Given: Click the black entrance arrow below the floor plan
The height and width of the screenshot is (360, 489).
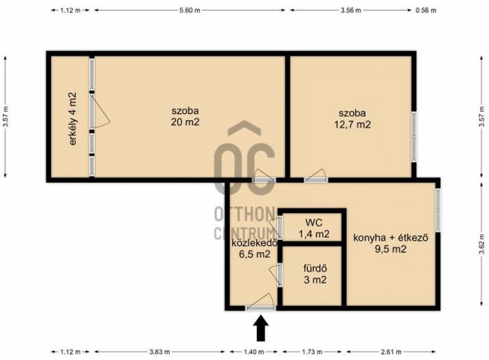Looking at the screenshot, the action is pos(261,329).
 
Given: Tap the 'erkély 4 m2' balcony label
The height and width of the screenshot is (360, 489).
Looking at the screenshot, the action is pos(73,119).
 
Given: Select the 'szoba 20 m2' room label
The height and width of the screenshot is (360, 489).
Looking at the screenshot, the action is pos(185,116).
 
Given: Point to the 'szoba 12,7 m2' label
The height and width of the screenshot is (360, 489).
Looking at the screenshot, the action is pos(352,119).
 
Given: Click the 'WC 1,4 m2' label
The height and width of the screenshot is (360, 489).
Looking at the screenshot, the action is pos(314,229).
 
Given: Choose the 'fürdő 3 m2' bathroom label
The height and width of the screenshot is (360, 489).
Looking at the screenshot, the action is pos(315,274).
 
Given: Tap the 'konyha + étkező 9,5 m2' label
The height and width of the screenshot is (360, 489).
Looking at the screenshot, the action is pos(390,243).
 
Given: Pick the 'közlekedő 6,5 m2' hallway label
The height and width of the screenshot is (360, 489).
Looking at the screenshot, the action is pos(254,248).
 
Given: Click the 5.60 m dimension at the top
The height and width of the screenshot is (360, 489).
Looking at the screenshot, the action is pos(189,10).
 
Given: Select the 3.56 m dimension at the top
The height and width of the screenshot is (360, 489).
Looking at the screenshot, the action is pos(351,10).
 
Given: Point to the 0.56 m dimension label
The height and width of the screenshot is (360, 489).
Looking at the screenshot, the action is pos(426,10).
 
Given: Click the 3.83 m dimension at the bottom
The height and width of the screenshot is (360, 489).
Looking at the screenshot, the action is pos(160,352).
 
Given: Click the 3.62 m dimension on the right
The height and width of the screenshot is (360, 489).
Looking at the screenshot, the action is pos(482,245).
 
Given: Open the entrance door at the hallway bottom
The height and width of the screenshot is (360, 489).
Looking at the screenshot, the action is pos(261,303).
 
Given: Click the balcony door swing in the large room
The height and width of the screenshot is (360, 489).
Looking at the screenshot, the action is pos(100,112).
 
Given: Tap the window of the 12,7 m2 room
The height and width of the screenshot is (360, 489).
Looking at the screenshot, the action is pos(414,137).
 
